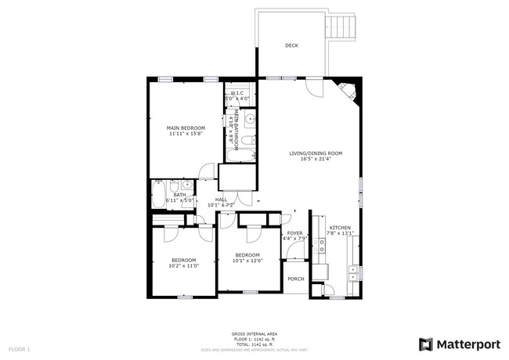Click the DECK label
(x=291, y=45)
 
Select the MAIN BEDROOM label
(x=186, y=128)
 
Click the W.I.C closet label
(x=237, y=93)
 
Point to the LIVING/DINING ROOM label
(x=316, y=153)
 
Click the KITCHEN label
(x=340, y=226)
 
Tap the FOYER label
(x=294, y=232)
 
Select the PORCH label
(x=296, y=279)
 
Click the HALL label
(x=221, y=200)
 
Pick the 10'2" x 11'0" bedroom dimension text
(x=184, y=266)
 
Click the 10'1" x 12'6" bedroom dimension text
(x=247, y=261)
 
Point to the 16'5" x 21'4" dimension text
(x=316, y=160)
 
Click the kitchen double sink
(x=353, y=273)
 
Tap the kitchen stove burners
(x=319, y=249)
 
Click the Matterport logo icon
(x=426, y=344)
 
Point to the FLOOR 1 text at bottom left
(x=19, y=347)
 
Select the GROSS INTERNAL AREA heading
(x=254, y=333)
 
